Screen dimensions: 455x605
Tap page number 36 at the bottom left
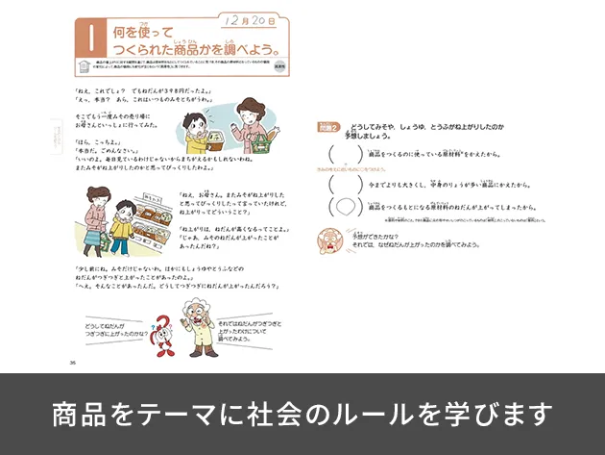pos(74,363)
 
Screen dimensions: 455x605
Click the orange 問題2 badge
pos(328,127)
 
